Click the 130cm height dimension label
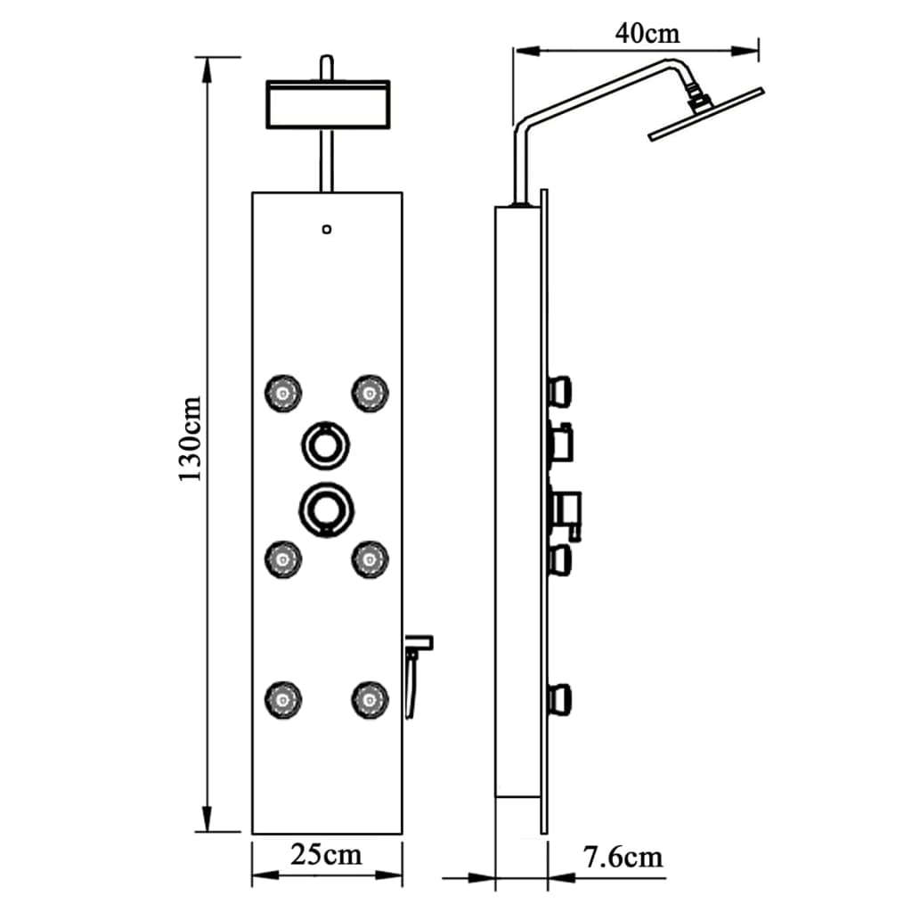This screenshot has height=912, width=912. tap(190, 439)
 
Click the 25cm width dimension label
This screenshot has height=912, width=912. tap(327, 855)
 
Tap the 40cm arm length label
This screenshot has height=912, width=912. tap(647, 33)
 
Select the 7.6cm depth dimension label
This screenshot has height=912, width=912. tap(623, 858)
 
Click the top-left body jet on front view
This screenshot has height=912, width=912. tap(283, 393)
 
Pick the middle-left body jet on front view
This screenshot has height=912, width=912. tap(283, 558)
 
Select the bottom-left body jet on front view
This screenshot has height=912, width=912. tap(283, 698)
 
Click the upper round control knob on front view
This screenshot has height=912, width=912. tap(326, 443)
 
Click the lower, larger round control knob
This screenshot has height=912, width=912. tap(326, 508)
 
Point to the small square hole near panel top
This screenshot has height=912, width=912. tap(327, 230)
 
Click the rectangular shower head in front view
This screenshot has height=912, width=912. tap(328, 104)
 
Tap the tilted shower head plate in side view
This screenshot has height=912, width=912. tap(706, 113)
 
